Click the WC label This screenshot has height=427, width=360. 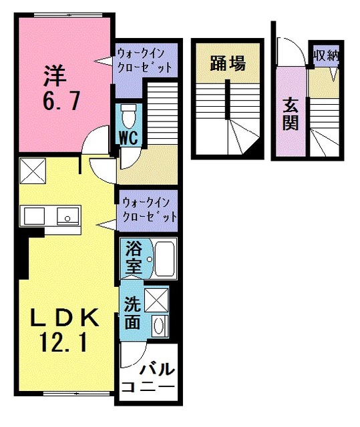point(128,137)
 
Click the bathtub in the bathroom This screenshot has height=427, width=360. point(161,259)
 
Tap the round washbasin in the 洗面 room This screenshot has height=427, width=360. point(159,326)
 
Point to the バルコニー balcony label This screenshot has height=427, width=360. point(150,377)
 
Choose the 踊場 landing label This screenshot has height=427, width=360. point(227,64)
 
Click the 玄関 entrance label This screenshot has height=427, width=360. point(290,113)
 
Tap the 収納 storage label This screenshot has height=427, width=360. point(325,54)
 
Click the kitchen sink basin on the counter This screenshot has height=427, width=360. point(65,216)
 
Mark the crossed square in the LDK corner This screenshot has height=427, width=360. point(31,171)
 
